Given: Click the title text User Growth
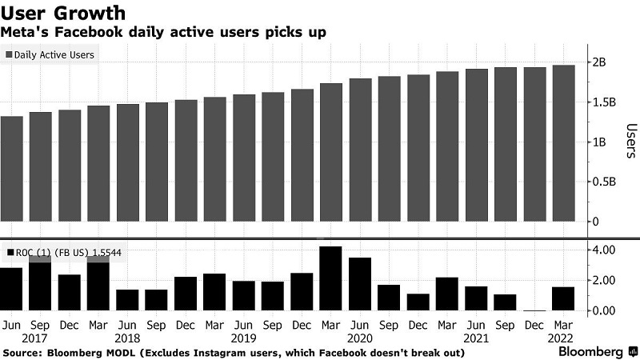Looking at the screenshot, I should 64,13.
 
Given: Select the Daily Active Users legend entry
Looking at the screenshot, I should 50,55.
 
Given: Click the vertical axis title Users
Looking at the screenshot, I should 630,142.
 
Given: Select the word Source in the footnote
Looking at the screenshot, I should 22,351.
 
